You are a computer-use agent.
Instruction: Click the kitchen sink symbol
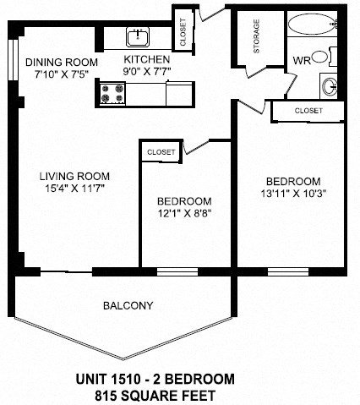tap(138, 37)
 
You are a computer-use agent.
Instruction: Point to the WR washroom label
tap(301, 60)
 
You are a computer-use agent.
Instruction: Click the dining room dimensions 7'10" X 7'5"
tap(60, 75)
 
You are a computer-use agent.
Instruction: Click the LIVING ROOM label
tap(74, 177)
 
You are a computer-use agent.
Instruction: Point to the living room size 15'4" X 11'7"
tap(74, 189)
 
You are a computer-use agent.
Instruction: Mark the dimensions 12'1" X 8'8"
tap(183, 215)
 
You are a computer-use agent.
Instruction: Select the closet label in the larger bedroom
tap(308, 111)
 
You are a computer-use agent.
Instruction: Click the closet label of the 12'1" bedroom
tap(161, 152)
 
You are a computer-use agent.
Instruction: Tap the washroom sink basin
tap(330, 85)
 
